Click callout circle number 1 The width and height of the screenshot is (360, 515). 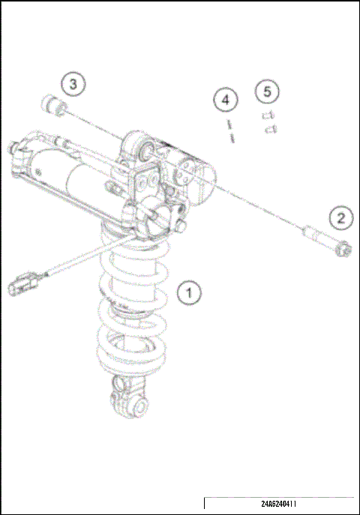tap(190, 292)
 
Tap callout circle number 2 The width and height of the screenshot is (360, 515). tap(341, 218)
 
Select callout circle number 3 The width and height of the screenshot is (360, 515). tap(73, 84)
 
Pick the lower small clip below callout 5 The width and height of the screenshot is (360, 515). tap(272, 130)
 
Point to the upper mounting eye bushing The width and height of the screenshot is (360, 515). tap(143, 151)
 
